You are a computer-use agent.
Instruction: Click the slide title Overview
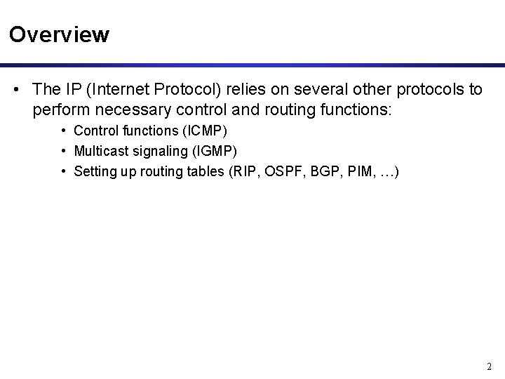click(60, 34)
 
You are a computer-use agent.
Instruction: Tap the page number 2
click(489, 366)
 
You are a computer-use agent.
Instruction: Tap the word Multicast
click(98, 150)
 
